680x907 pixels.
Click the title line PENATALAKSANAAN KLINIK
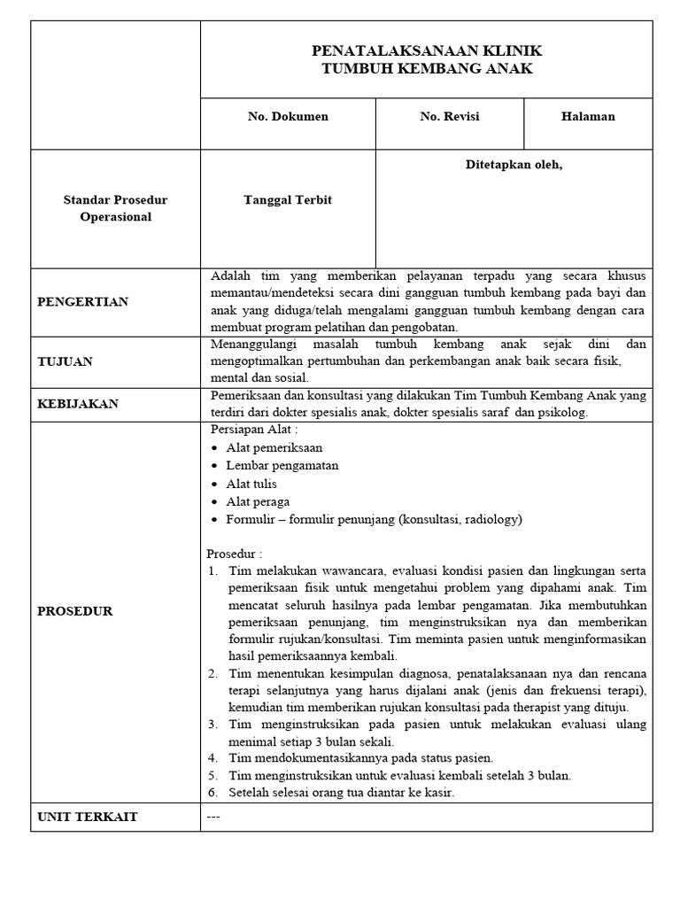[x=427, y=50]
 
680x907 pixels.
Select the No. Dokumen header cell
[x=288, y=117]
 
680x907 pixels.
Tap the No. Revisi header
[x=450, y=117]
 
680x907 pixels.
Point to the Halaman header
[x=588, y=117]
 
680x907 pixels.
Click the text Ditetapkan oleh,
[x=514, y=165]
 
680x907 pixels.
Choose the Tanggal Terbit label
[x=288, y=200]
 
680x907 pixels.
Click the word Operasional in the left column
[x=115, y=217]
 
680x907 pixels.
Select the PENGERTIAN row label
[x=82, y=302]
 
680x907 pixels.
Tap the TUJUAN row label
[x=65, y=361]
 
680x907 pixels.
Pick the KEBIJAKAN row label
[x=78, y=404]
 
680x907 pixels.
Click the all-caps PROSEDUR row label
[x=75, y=611]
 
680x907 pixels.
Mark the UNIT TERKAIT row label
[x=88, y=817]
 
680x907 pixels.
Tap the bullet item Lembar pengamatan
[x=282, y=465]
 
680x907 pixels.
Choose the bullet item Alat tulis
[x=251, y=484]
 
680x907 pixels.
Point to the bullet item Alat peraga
[x=258, y=501]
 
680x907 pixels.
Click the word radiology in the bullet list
[x=491, y=520]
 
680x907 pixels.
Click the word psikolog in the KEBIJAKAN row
[x=562, y=413]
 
